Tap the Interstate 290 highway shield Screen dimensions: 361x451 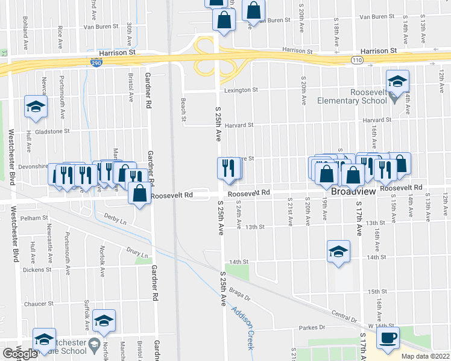click(96, 62)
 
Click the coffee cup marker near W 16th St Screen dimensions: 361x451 click(388, 338)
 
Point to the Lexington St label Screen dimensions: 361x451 click(241, 90)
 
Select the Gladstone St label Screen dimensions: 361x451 click(52, 131)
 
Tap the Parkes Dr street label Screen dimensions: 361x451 click(312, 328)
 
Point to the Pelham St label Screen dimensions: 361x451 click(34, 218)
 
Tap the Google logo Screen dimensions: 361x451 click(20, 354)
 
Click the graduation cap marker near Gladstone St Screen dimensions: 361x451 click(36, 107)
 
